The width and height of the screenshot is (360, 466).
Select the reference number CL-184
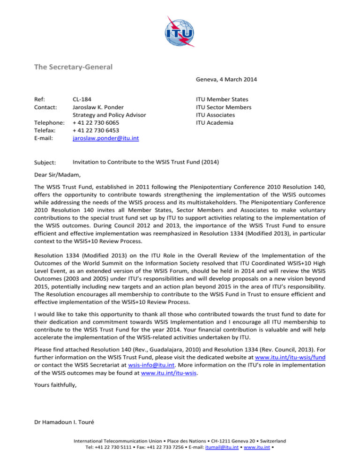tap(83, 99)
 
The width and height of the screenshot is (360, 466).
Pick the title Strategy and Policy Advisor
tap(110, 114)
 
